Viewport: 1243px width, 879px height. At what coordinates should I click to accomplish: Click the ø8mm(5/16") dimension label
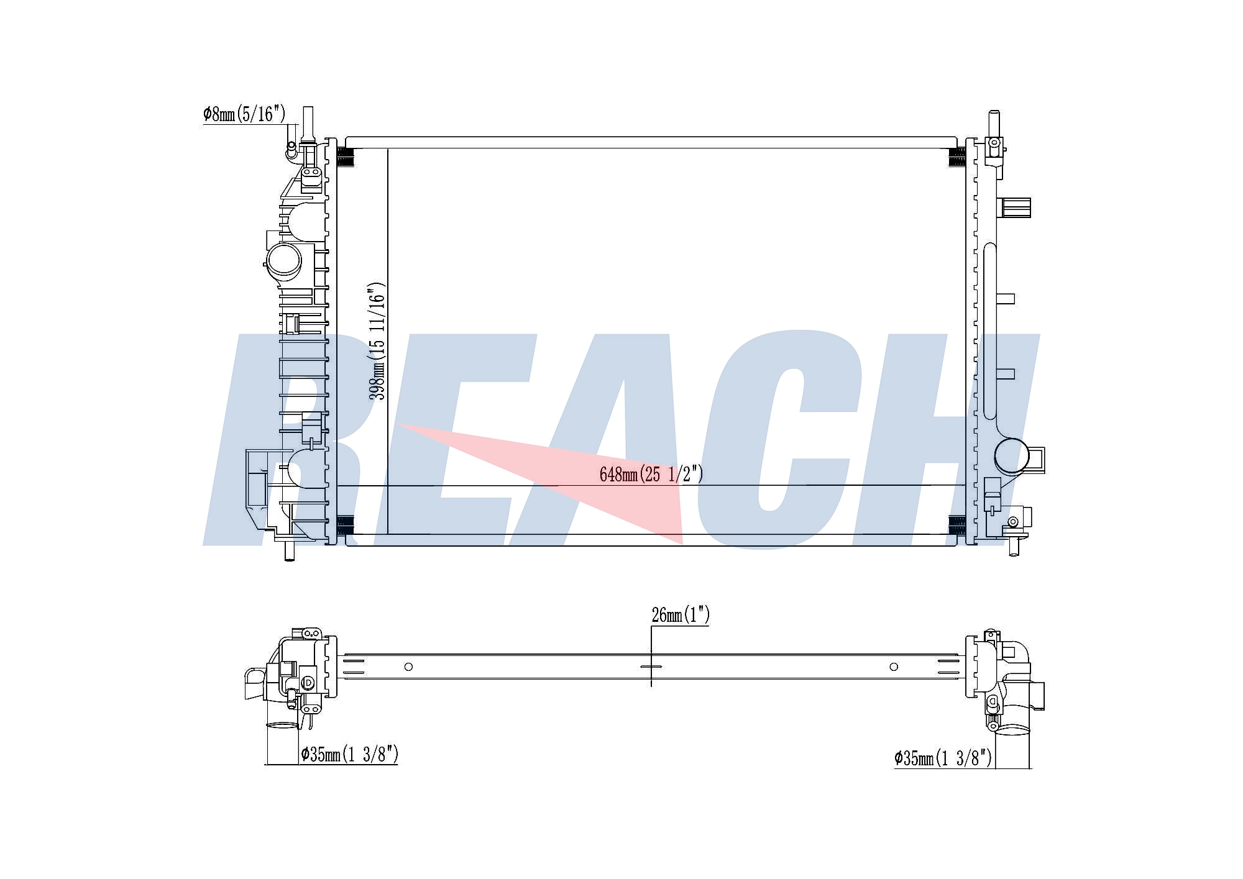tap(244, 114)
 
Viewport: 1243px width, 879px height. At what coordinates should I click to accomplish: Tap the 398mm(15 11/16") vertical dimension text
tap(377, 342)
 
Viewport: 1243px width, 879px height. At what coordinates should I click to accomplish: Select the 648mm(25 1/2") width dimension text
tap(651, 475)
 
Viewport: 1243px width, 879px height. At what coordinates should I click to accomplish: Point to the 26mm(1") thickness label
tap(681, 615)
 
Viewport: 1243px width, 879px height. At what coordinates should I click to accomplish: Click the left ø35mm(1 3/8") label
tap(349, 755)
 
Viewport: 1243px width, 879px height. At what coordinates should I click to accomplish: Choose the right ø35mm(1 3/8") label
tap(943, 758)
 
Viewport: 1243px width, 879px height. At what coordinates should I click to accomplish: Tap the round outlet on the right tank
tap(1011, 457)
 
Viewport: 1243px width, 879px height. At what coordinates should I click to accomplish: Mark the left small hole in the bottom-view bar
tap(408, 667)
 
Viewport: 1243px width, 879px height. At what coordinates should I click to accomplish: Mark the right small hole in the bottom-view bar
tap(894, 667)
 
